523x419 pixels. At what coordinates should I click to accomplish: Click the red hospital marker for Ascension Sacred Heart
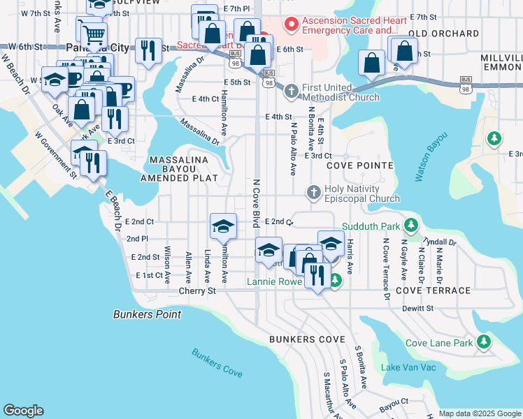click(291, 24)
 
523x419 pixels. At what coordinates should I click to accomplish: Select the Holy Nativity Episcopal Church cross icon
click(314, 192)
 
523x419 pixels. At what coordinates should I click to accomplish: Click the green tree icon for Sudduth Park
click(412, 226)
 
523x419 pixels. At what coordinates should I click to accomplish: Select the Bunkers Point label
click(147, 314)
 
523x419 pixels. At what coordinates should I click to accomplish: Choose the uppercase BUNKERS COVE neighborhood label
click(303, 339)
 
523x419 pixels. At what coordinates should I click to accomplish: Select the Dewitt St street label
click(418, 308)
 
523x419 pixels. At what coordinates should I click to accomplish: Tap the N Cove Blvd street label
click(256, 203)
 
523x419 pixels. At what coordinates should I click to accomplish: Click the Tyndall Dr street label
click(440, 242)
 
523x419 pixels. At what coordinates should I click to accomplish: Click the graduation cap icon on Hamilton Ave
click(223, 226)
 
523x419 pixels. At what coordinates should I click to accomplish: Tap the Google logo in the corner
click(24, 410)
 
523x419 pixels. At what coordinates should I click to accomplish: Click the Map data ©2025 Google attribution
click(479, 413)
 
